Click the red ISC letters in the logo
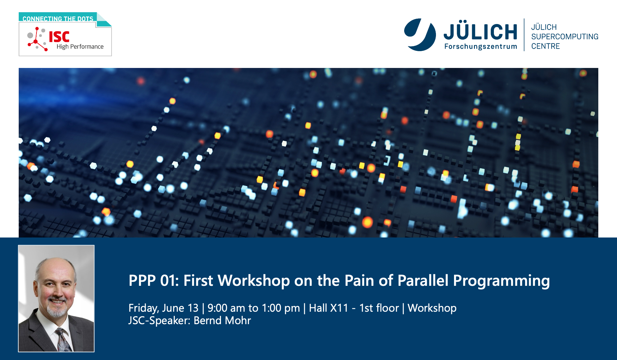tap(59, 37)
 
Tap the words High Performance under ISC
tap(80, 46)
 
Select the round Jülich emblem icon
tap(420, 35)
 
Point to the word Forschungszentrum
tap(481, 46)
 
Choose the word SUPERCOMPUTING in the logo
tap(565, 36)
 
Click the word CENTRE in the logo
tap(545, 46)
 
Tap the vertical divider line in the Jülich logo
tap(524, 35)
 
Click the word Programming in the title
tap(501, 281)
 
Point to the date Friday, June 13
tap(163, 308)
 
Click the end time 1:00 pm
tap(281, 308)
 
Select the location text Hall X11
tap(328, 308)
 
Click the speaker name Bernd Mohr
tap(222, 320)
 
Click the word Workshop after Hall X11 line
tap(432, 308)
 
